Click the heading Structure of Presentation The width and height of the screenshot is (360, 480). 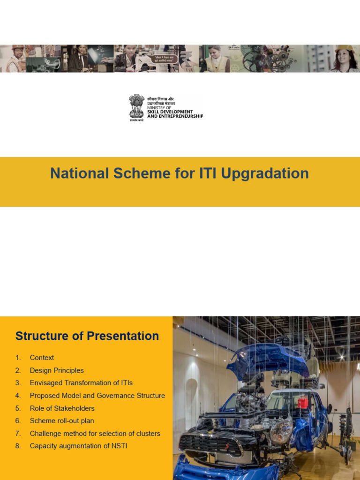tap(87, 336)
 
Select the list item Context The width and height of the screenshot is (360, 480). tap(42, 358)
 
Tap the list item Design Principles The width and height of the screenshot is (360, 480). tap(57, 370)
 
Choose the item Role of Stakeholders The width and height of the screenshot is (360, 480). tap(62, 408)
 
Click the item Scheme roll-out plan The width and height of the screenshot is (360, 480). tap(62, 421)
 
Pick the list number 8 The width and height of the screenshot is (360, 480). tap(18, 446)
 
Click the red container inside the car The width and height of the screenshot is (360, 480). tap(303, 402)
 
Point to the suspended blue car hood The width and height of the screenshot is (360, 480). tap(267, 359)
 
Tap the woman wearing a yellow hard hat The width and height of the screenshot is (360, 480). tap(344, 60)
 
